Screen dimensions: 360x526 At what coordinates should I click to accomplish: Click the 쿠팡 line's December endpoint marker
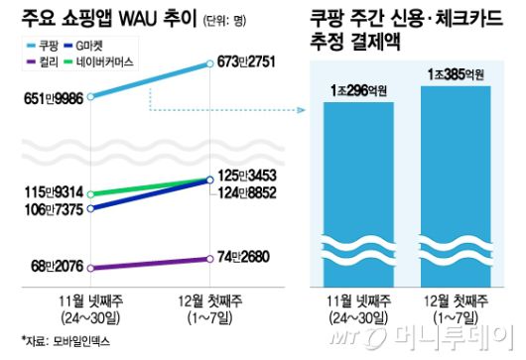pyautogui.click(x=209, y=64)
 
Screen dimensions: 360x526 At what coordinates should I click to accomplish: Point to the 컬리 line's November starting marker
pyautogui.click(x=90, y=267)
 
